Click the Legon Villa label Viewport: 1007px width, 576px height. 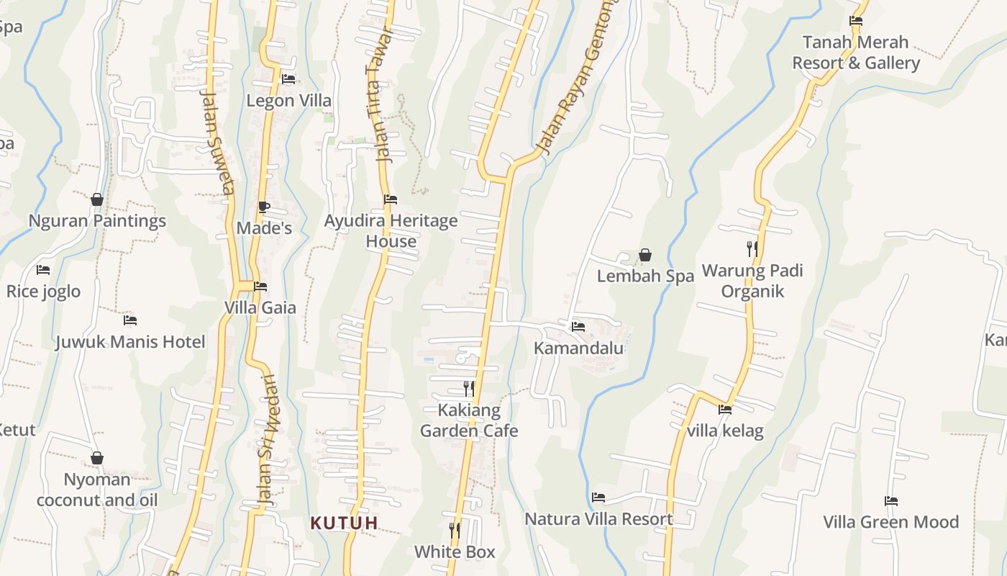click(289, 101)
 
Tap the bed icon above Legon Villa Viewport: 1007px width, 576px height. click(288, 79)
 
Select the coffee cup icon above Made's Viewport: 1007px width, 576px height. click(264, 207)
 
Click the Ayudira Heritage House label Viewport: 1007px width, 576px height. click(391, 231)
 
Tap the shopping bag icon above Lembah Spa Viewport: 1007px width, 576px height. click(645, 255)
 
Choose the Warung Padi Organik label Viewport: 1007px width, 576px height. click(752, 281)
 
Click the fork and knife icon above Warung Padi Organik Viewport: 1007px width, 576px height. click(752, 249)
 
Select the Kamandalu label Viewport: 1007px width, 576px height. click(578, 348)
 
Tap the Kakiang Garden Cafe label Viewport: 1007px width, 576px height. click(469, 420)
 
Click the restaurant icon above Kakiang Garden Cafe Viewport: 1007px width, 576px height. click(469, 389)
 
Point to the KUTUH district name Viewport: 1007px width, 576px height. click(344, 523)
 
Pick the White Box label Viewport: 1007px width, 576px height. click(455, 552)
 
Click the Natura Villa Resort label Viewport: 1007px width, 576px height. click(598, 519)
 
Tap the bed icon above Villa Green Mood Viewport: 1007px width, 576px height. click(891, 501)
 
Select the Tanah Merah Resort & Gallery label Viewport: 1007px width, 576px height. click(856, 53)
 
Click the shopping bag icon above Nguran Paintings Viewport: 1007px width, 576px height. click(97, 199)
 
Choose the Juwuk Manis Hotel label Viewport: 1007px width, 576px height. click(130, 342)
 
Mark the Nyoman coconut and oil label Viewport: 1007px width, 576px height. click(97, 490)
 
